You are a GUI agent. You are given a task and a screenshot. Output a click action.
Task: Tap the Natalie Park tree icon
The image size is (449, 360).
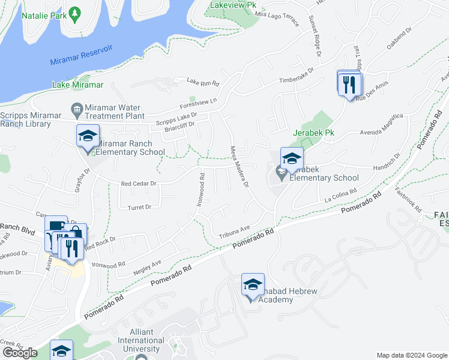pyautogui.click(x=74, y=13)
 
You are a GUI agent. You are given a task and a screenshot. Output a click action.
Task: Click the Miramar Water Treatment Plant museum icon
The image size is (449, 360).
pyautogui.click(x=76, y=108)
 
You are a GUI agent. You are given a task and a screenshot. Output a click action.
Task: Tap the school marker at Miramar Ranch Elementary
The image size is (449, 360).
pyautogui.click(x=88, y=137)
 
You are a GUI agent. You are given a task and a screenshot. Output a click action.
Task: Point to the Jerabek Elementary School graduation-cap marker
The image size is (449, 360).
pyautogui.click(x=292, y=159)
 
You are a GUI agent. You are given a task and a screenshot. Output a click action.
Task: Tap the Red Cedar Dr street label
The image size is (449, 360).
pyautogui.click(x=139, y=184)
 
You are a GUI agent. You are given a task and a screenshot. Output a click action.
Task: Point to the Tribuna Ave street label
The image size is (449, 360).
pyautogui.click(x=234, y=232)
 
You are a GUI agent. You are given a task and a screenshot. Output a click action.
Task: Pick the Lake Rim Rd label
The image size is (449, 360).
pyautogui.click(x=203, y=82)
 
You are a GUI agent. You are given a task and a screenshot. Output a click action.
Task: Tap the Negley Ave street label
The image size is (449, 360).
pyautogui.click(x=148, y=263)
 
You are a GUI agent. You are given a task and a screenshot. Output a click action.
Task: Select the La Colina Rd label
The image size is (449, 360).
pyautogui.click(x=340, y=196)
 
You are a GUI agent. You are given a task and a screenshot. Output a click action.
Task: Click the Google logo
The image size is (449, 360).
pyautogui.click(x=20, y=353)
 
